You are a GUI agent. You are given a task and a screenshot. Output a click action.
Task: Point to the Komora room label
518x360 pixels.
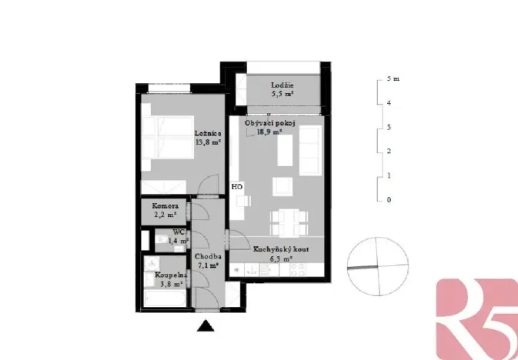[165, 207]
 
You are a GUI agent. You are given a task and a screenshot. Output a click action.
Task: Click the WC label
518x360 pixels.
[178, 232]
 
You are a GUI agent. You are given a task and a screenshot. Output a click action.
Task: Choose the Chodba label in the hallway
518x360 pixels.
[209, 257]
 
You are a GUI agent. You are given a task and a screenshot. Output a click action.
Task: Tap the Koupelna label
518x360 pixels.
[170, 275]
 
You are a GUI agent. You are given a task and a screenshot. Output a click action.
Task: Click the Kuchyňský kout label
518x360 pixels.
[282, 250]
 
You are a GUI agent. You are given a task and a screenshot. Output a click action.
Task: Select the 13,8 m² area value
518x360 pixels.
[209, 142]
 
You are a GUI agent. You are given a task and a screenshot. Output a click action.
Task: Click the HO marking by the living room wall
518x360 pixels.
[237, 187]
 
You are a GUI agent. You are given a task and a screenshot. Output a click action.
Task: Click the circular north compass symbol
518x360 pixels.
[376, 265]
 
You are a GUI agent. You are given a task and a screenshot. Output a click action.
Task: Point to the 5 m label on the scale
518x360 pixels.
[393, 78]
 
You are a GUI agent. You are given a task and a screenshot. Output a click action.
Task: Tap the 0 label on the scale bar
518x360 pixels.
[390, 200]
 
